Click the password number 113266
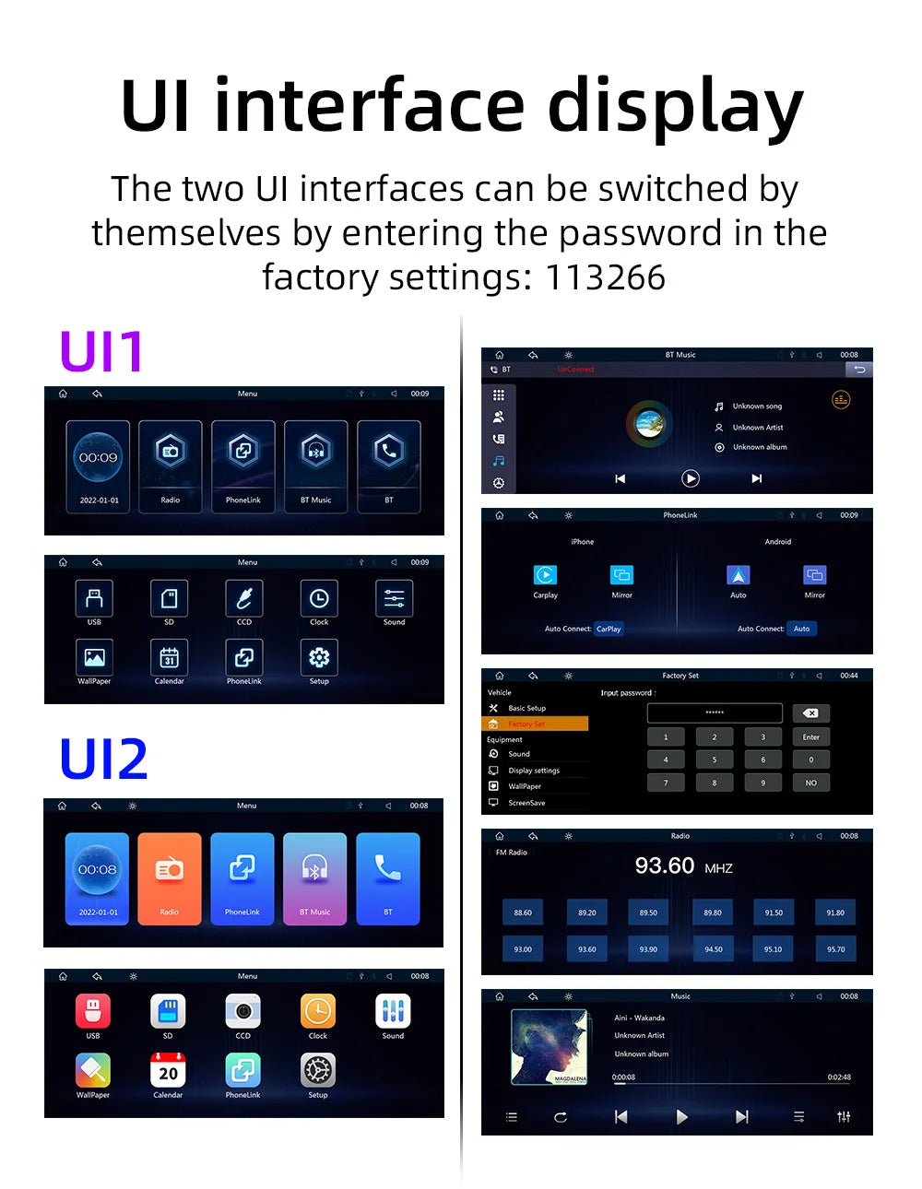coord(605,277)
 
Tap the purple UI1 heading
coord(101,351)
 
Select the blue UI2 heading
coord(103,759)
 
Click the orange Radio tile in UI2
coord(169,877)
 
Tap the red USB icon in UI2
coord(93,1011)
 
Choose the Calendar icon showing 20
coord(168,1070)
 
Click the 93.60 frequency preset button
coord(586,948)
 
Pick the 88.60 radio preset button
coord(523,912)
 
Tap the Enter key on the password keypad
coord(810,736)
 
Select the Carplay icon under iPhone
coord(545,575)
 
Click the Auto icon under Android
coord(738,575)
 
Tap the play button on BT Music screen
coord(690,478)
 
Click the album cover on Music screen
coord(550,1046)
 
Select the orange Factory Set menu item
coord(535,724)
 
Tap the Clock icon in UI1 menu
coord(319,599)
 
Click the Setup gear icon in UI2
coord(318,1070)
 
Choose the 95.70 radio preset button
coord(835,948)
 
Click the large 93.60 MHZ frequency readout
coord(682,866)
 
